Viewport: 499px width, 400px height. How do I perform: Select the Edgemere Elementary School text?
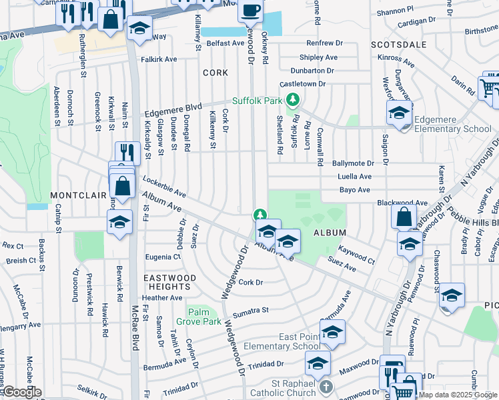452,124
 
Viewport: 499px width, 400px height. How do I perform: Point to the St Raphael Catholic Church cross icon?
325,387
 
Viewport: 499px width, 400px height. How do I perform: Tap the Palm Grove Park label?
203,317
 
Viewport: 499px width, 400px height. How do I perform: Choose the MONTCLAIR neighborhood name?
78,195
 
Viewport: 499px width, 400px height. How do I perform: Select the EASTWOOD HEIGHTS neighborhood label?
169,282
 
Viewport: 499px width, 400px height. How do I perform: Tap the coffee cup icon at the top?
251,10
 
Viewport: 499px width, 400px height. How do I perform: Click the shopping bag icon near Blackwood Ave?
404,217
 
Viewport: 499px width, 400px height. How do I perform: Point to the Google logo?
21,392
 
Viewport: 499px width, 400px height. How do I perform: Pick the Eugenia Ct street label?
162,256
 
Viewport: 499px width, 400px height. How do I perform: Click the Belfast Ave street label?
225,43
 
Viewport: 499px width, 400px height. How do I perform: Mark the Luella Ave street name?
356,177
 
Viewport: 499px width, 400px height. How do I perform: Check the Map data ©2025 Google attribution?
457,395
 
